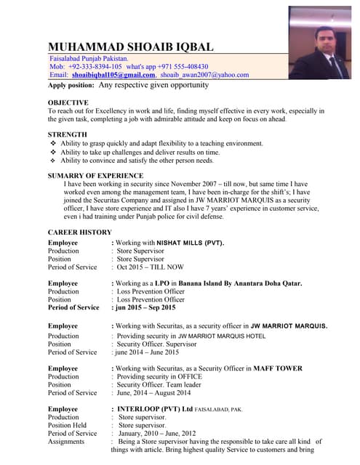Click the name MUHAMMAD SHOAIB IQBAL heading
[x=131, y=46]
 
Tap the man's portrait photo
[x=319, y=42]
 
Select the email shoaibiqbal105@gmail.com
[x=113, y=75]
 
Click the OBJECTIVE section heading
[x=68, y=102]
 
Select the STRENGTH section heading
[x=68, y=134]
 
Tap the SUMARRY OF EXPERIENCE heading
[x=95, y=176]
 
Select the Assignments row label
[x=66, y=442]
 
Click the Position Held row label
[x=72, y=426]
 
